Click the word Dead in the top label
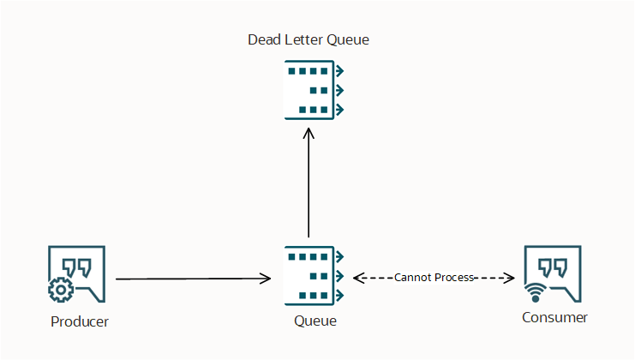pyautogui.click(x=263, y=39)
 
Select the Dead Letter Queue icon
pyautogui.click(x=314, y=90)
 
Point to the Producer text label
pyautogui.click(x=80, y=321)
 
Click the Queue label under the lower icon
pyautogui.click(x=315, y=321)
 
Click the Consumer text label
pyautogui.click(x=554, y=318)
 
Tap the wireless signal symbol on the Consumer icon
pyautogui.click(x=536, y=293)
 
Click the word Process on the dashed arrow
pyautogui.click(x=454, y=278)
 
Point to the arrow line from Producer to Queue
pyautogui.click(x=189, y=279)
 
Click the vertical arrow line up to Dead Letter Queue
pyautogui.click(x=309, y=189)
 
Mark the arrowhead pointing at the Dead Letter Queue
pyautogui.click(x=309, y=134)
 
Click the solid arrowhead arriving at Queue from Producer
pyautogui.click(x=267, y=279)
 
